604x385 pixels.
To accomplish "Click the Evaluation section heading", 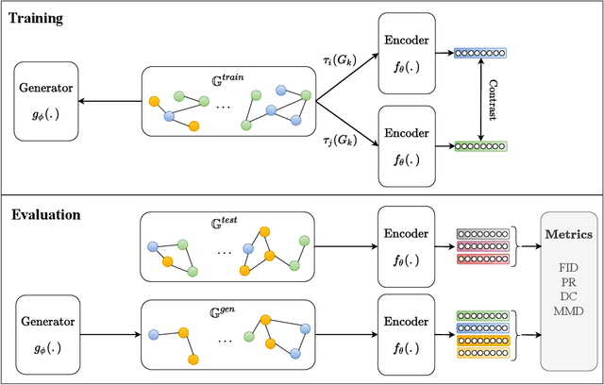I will tap(45, 214).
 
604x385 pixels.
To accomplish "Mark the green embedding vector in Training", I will tap(480, 146).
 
